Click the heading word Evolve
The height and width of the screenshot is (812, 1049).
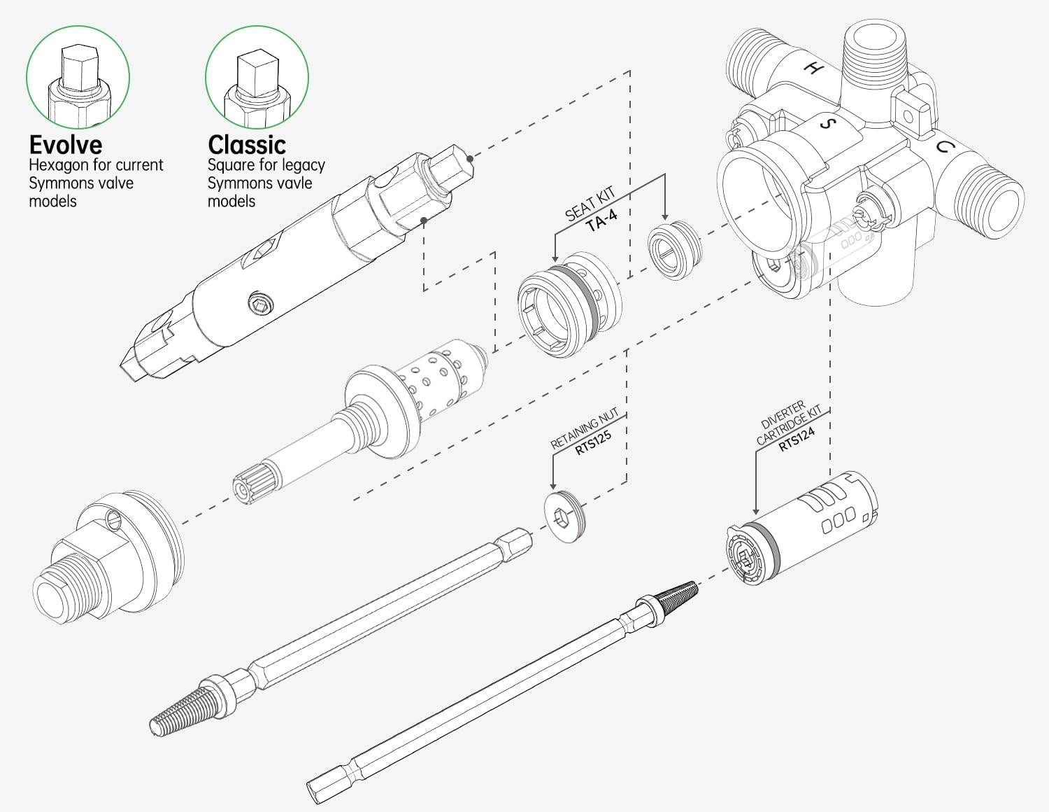point(65,145)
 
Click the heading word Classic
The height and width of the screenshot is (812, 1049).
point(246,145)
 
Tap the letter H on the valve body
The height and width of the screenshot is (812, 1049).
point(813,68)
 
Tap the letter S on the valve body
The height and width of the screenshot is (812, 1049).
point(828,124)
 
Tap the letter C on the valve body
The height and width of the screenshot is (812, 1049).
point(944,147)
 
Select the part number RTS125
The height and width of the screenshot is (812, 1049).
point(593,443)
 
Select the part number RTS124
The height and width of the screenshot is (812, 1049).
point(797,439)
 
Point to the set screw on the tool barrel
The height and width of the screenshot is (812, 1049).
point(259,304)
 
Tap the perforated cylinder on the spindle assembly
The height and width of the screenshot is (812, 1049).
point(444,376)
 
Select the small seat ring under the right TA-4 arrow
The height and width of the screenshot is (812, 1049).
point(672,250)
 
